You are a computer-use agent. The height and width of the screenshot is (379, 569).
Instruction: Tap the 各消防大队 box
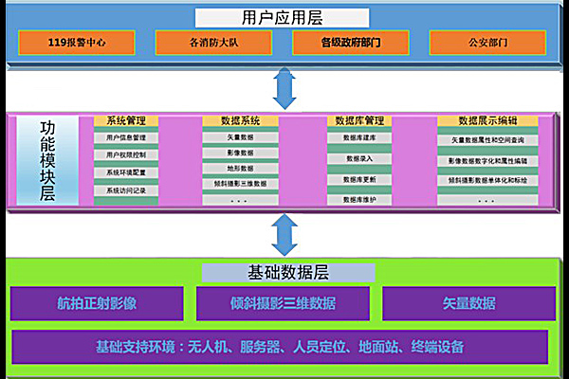point(212,43)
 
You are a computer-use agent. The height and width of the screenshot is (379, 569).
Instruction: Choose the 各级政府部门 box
point(350,43)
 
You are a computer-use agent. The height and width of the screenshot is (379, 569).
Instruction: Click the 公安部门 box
point(486,43)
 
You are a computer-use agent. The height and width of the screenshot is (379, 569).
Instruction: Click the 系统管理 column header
point(132,120)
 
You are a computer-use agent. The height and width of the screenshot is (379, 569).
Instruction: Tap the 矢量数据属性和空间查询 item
point(487,139)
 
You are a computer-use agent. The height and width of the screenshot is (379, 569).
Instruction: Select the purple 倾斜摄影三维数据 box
point(282,303)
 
